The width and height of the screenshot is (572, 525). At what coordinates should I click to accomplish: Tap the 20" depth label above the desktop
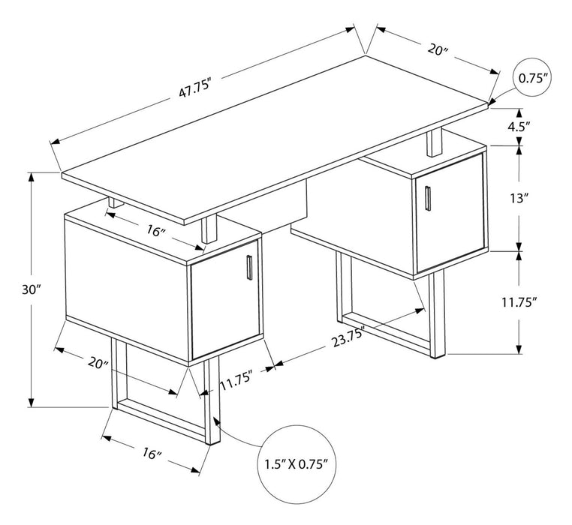tap(437, 50)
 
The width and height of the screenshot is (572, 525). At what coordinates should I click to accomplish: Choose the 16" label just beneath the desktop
tap(155, 231)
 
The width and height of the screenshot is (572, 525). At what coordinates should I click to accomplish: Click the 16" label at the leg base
tap(151, 454)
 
